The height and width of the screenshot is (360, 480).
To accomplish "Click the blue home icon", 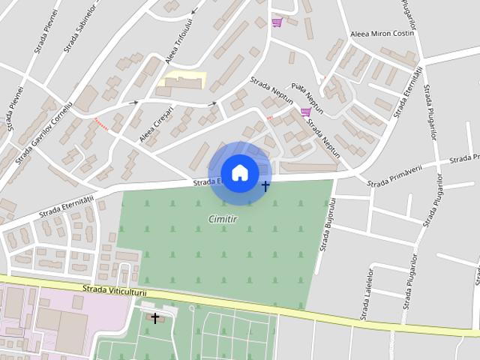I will pyautogui.click(x=239, y=172).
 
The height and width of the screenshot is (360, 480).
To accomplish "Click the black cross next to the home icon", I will pyautogui.click(x=265, y=185).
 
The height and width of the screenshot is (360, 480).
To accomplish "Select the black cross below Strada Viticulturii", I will pyautogui.click(x=155, y=318).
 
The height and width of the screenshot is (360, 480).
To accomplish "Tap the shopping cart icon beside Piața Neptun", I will pyautogui.click(x=305, y=112).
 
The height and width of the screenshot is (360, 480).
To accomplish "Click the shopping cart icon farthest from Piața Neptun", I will pyautogui.click(x=277, y=22).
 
